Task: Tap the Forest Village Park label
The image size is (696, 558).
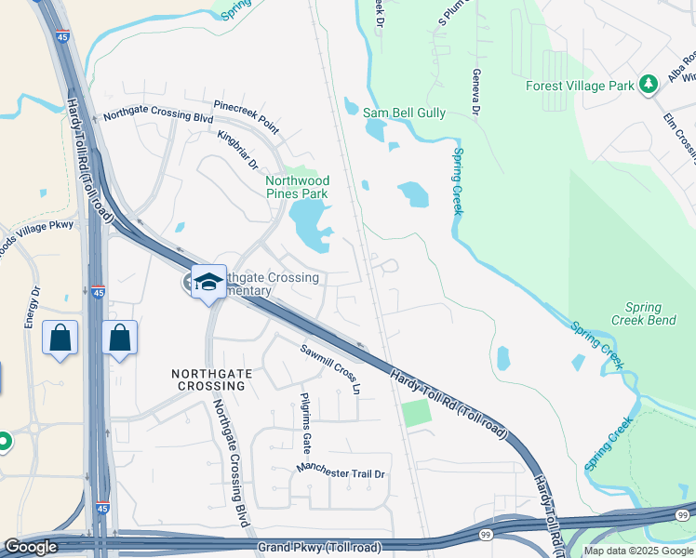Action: pyautogui.click(x=580, y=86)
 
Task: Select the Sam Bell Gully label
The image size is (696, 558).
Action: pyautogui.click(x=404, y=113)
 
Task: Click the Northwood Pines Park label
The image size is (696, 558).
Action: pyautogui.click(x=297, y=187)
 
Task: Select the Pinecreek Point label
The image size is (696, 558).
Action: pyautogui.click(x=246, y=114)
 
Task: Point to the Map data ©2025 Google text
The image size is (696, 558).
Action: pyautogui.click(x=638, y=551)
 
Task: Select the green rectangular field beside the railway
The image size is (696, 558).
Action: pyautogui.click(x=417, y=413)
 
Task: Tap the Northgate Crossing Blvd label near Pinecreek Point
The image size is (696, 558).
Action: pyautogui.click(x=158, y=117)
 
